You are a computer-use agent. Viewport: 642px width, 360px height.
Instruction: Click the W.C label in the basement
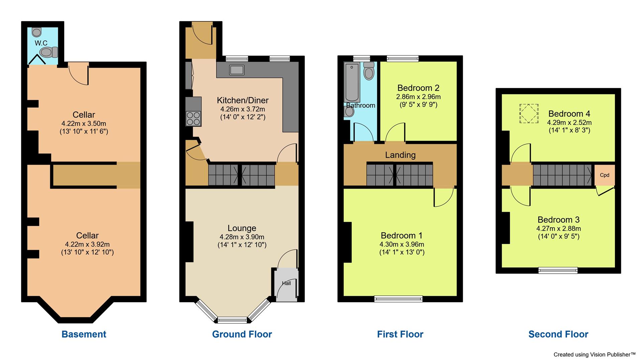click(x=41, y=43)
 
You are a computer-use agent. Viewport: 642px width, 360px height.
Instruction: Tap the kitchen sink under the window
click(x=237, y=70)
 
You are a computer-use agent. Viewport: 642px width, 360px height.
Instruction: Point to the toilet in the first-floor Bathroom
click(x=369, y=71)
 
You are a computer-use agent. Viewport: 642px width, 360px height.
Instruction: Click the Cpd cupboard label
click(x=605, y=175)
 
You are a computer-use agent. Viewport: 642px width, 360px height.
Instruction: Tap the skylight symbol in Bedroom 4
click(x=529, y=113)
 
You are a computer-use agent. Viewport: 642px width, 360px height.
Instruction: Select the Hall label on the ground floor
click(x=286, y=283)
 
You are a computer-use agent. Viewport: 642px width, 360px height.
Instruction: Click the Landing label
click(x=400, y=155)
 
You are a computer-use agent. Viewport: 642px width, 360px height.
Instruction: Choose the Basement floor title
click(x=84, y=334)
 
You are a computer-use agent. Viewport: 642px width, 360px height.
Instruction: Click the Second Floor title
click(x=558, y=334)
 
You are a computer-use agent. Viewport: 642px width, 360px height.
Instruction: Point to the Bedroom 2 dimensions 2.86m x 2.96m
click(x=418, y=97)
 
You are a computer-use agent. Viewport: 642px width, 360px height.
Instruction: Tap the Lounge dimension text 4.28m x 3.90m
click(x=242, y=237)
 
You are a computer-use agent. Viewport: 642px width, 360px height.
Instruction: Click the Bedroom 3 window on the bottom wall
click(x=558, y=270)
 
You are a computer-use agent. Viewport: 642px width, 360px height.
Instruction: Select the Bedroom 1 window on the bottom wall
click(x=398, y=299)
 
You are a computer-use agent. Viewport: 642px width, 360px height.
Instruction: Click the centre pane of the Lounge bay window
click(x=232, y=320)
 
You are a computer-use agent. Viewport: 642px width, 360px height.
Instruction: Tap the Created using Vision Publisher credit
click(x=594, y=354)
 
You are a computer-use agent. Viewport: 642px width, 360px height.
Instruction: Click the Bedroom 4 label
click(x=569, y=114)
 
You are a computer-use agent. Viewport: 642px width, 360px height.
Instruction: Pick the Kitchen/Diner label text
click(x=242, y=100)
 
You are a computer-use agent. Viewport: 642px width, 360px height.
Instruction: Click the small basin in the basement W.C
click(x=37, y=32)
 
